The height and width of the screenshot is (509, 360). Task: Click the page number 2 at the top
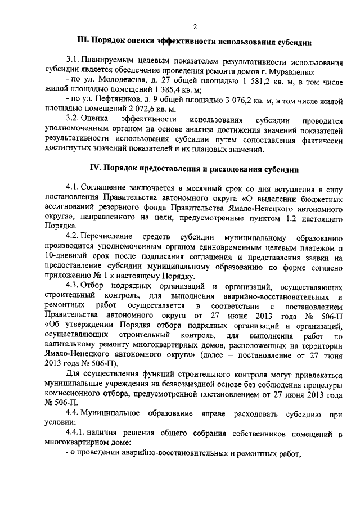coord(195,26)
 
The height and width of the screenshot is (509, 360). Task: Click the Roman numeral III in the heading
coord(83,42)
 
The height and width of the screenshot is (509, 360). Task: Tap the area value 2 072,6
coord(148,109)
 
